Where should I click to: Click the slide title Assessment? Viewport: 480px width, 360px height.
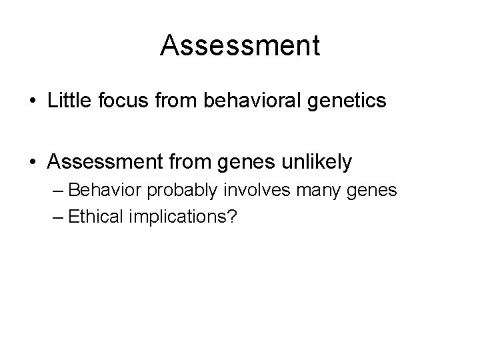(x=240, y=45)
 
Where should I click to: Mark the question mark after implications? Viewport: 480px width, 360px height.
(x=233, y=217)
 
